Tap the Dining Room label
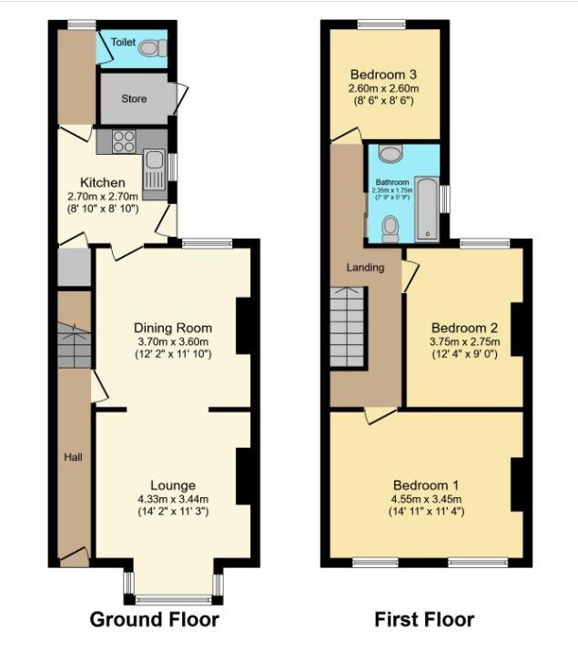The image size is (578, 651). (172, 328)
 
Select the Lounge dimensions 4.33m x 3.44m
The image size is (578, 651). (172, 499)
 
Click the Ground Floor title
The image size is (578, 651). (154, 620)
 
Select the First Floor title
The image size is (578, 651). (424, 620)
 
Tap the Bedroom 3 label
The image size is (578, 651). (383, 74)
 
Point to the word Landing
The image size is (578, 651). (365, 268)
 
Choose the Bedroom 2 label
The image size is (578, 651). (464, 328)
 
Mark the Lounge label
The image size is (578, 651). (172, 485)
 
